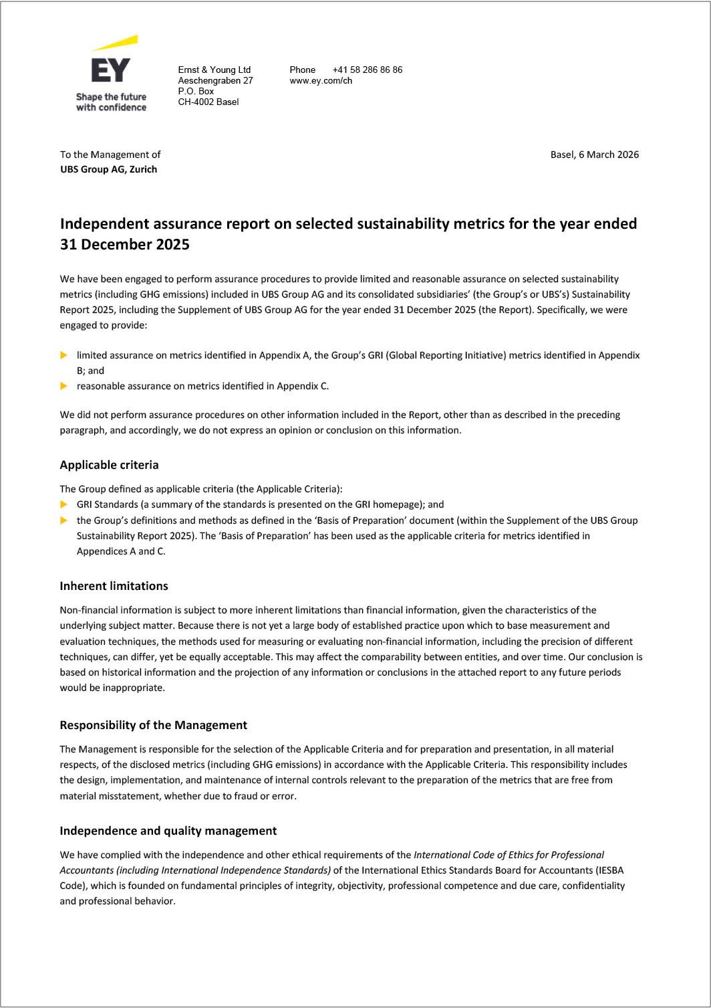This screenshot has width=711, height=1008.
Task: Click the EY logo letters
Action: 111,70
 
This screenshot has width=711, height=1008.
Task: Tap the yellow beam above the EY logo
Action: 117,43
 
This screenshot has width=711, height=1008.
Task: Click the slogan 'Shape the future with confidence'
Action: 111,102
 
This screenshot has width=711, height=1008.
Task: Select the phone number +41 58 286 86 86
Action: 367,70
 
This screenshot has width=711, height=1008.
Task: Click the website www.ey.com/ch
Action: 321,80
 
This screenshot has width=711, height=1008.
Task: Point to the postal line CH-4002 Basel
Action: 208,102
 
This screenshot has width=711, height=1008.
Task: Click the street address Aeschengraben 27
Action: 215,80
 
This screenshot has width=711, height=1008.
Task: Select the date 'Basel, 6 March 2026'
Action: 594,155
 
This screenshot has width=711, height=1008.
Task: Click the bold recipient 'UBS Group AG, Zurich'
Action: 108,169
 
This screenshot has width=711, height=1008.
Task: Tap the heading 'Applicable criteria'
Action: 109,465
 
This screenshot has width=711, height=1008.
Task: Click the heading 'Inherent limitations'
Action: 114,586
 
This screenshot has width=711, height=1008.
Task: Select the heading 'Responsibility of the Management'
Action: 153,725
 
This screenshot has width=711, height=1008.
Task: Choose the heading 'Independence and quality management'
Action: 168,831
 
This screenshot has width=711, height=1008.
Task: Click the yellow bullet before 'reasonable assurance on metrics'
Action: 64,386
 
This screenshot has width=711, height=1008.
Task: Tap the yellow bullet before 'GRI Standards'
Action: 64,504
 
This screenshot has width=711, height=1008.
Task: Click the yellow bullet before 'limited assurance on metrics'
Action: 64,355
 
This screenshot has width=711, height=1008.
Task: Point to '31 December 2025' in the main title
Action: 124,244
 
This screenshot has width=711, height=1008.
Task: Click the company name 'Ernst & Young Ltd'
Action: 214,70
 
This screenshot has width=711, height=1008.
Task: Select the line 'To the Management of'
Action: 110,155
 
